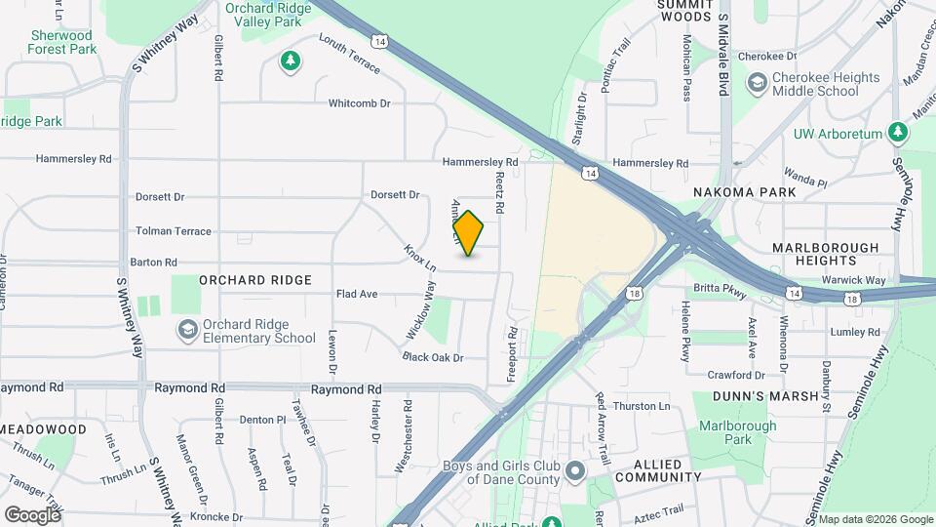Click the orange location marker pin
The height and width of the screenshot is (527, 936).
[x=469, y=233]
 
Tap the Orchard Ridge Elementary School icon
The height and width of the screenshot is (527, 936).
[x=185, y=331]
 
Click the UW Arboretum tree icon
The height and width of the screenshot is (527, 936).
[x=899, y=134]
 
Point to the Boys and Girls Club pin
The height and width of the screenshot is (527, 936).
[x=575, y=472]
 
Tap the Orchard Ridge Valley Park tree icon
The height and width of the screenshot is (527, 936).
[x=290, y=62]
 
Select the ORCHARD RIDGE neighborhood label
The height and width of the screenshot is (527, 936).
[x=255, y=280]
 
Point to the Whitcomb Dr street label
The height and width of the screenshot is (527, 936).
[x=359, y=103]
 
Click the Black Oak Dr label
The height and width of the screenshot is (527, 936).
[x=432, y=357]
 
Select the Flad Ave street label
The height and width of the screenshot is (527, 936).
[x=356, y=294]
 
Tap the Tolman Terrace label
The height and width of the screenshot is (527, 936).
[x=174, y=231]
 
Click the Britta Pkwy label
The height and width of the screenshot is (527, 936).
[x=720, y=289]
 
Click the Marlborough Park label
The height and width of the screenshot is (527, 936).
[x=737, y=432]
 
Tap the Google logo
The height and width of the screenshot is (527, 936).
[x=32, y=514]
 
